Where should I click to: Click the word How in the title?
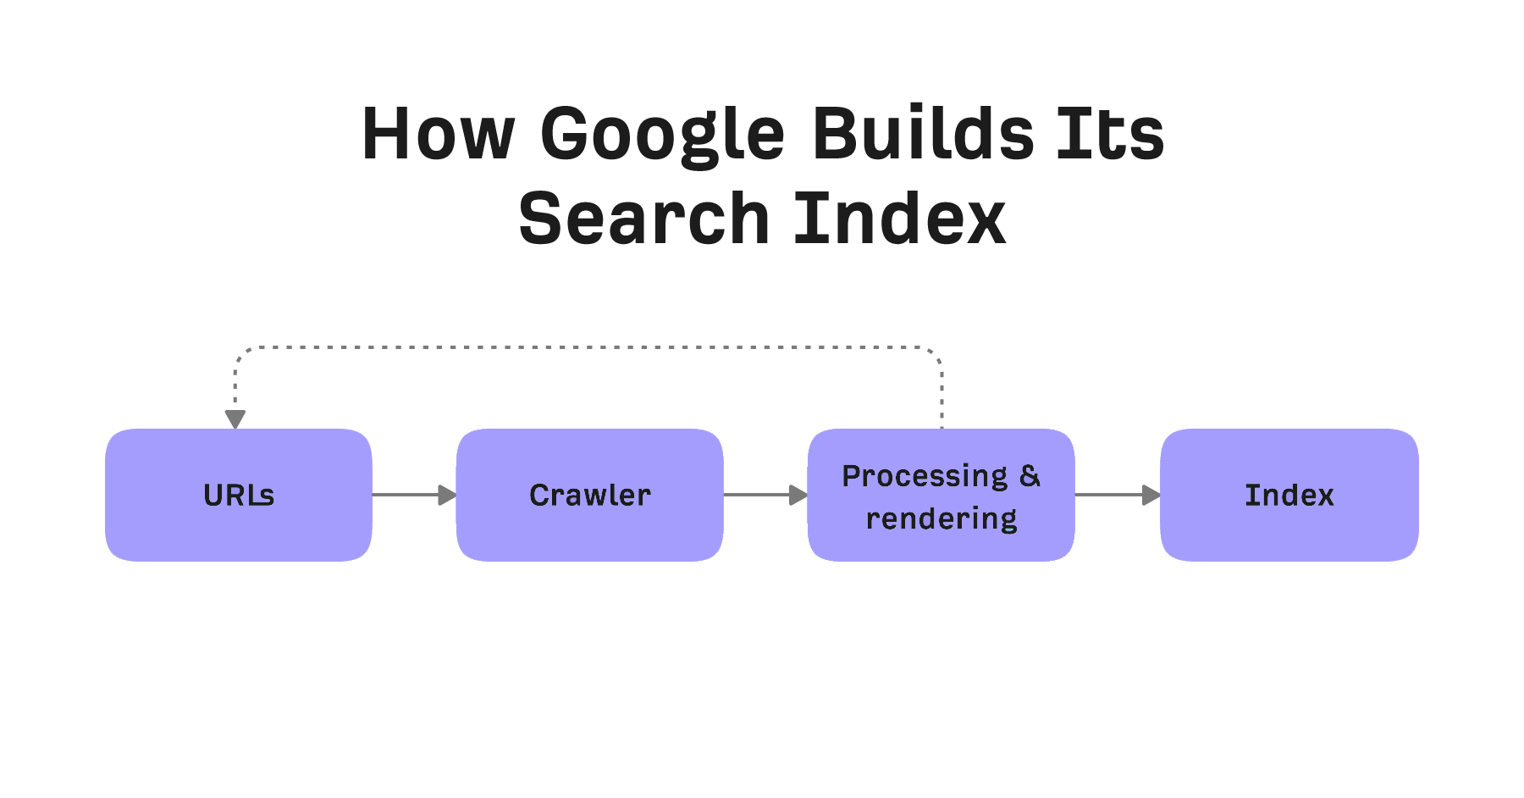(438, 133)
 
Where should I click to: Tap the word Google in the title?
(663, 136)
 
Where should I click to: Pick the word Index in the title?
(900, 219)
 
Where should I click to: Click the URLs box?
(239, 495)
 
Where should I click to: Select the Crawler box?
(590, 495)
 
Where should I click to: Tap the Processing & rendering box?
(941, 495)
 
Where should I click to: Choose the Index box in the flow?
(1289, 495)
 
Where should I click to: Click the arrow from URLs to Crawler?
(414, 495)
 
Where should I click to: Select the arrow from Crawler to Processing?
(765, 495)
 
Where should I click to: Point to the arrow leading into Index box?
(1118, 495)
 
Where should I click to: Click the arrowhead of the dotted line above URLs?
(235, 419)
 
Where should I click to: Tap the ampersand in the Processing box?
(1030, 476)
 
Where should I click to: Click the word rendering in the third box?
(941, 518)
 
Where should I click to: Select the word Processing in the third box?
(925, 476)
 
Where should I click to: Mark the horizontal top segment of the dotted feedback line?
(588, 347)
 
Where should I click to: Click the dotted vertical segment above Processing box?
(941, 394)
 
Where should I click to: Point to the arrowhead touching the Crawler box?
(447, 495)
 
